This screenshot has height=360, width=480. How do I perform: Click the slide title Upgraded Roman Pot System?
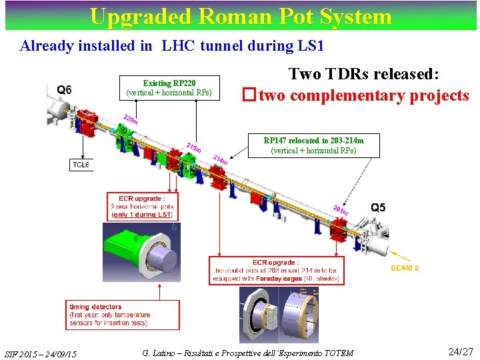(x=240, y=16)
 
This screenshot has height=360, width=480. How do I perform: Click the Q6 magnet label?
(x=65, y=90)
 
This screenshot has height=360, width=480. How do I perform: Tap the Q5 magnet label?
(x=378, y=207)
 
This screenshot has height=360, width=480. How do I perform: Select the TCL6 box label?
(x=81, y=165)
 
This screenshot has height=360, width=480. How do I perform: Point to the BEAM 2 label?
(x=405, y=268)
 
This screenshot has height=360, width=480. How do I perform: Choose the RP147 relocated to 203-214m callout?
(x=313, y=145)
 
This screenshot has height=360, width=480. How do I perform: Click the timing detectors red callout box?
(x=123, y=315)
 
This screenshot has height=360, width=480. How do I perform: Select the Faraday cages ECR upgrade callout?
(x=276, y=271)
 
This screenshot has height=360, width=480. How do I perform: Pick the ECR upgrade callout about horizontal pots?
(x=141, y=206)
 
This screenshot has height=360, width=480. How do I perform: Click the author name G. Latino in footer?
(x=159, y=353)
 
